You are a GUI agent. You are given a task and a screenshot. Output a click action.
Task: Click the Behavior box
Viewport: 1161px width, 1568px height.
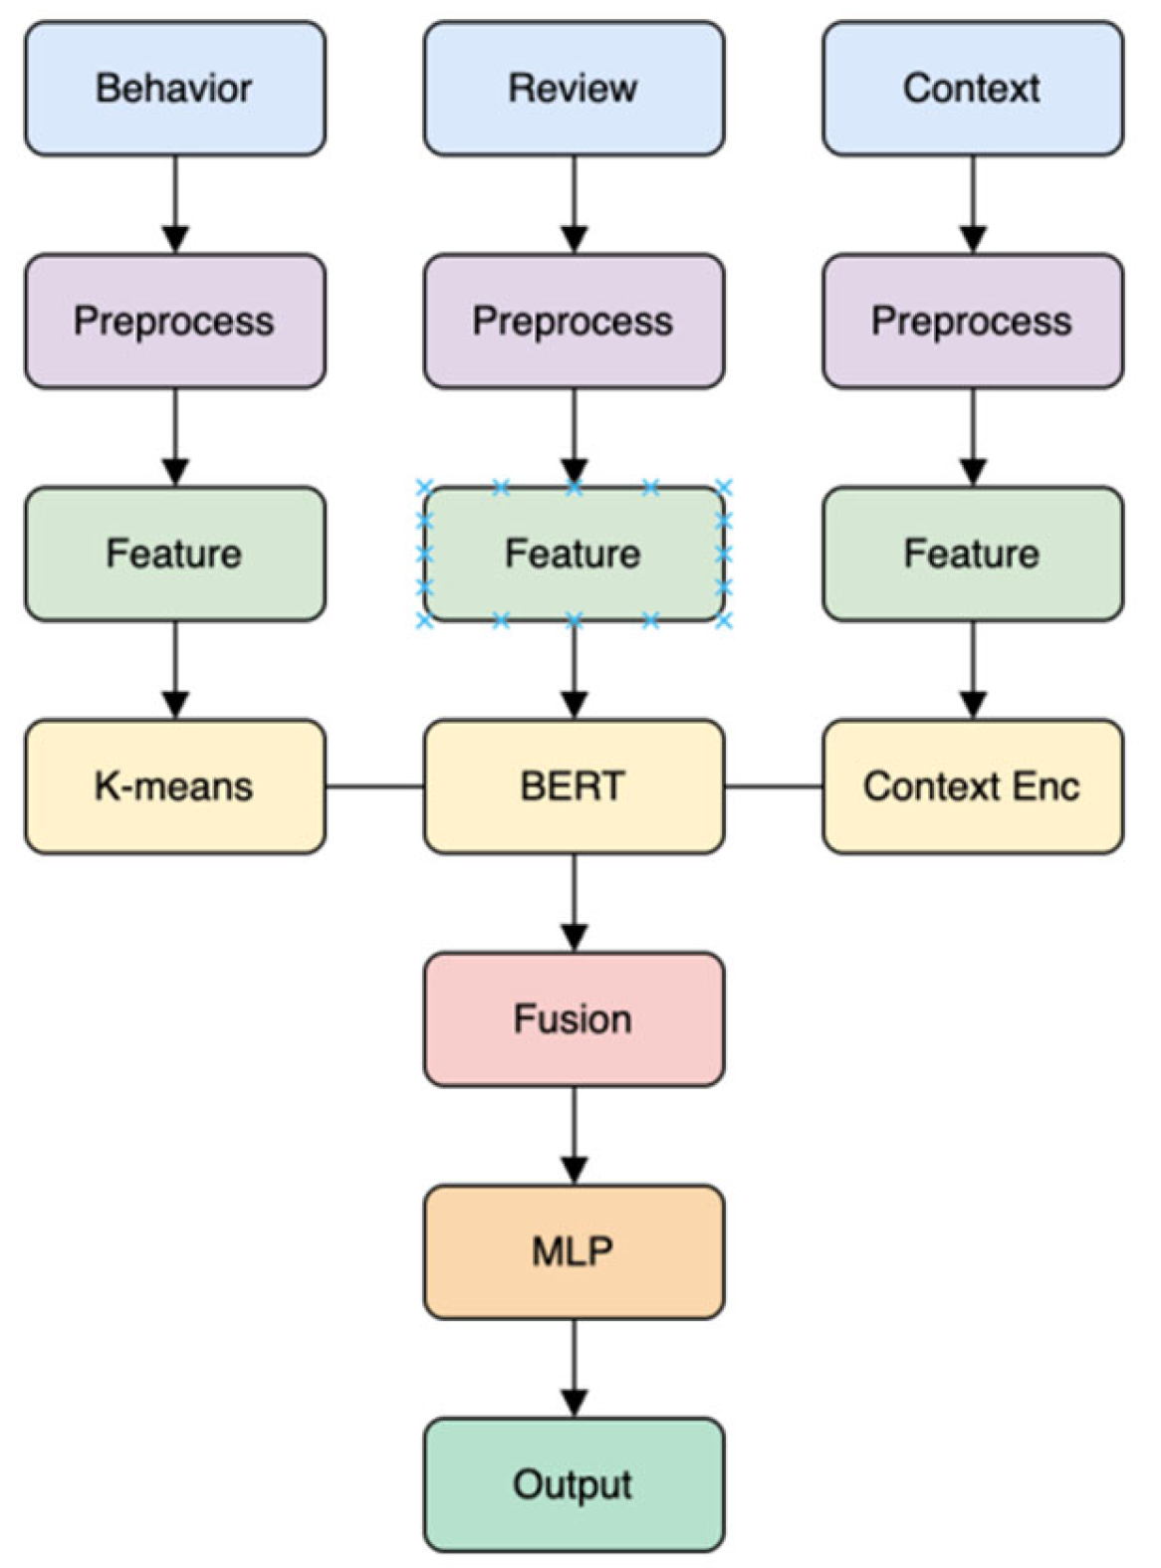(x=174, y=89)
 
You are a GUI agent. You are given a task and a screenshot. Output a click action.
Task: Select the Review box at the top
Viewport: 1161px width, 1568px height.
(x=574, y=89)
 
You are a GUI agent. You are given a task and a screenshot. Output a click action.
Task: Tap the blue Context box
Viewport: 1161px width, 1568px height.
(x=972, y=89)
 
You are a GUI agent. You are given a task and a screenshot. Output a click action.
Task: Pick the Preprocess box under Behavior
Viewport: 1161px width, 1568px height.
(x=174, y=321)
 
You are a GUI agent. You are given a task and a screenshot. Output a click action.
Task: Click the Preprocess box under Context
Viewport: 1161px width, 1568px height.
(x=972, y=321)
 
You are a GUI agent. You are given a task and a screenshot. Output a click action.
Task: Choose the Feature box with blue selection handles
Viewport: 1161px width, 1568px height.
(x=574, y=554)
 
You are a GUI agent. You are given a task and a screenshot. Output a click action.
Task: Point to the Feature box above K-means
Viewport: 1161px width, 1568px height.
(x=174, y=554)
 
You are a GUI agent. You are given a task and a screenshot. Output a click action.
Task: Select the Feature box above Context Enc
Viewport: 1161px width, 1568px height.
(x=972, y=554)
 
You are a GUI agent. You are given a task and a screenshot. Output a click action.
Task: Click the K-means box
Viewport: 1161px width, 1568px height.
(x=174, y=786)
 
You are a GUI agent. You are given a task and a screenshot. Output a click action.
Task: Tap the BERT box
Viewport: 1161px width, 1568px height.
(x=574, y=786)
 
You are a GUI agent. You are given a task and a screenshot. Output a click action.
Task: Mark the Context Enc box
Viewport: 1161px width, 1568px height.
(x=972, y=786)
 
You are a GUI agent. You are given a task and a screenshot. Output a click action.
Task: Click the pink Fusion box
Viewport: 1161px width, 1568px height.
(x=574, y=1018)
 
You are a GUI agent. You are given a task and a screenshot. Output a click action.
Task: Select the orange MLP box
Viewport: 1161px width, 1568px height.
(x=574, y=1251)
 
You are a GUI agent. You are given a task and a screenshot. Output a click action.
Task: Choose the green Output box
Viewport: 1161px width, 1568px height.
(x=574, y=1484)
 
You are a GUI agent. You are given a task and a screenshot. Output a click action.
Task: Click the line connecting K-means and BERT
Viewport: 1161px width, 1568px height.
(x=374, y=786)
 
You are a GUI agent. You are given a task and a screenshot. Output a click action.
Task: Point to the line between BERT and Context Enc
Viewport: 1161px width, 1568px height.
(x=774, y=786)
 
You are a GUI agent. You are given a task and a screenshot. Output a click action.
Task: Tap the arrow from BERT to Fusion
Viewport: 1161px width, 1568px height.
(x=574, y=901)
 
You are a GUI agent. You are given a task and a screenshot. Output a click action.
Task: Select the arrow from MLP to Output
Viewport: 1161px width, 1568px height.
(x=574, y=1367)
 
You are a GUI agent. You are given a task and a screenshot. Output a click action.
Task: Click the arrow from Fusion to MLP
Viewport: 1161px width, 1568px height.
(x=574, y=1134)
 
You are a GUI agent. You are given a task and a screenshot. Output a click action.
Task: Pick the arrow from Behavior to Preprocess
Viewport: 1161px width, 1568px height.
(x=175, y=203)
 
